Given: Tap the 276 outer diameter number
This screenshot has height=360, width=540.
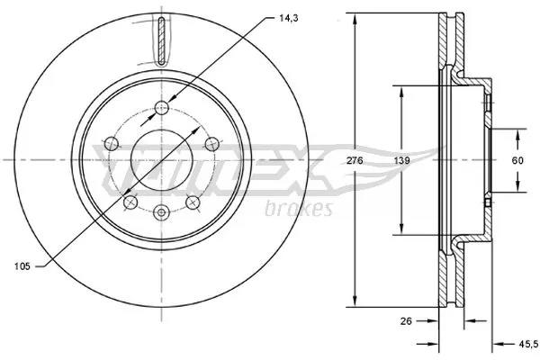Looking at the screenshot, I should tap(355, 159).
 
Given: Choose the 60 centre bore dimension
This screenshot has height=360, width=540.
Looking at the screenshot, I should tap(518, 159).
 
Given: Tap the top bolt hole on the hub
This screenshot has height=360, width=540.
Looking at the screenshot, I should tap(161, 108).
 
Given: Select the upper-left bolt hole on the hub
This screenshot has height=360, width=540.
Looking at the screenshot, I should tap(112, 143).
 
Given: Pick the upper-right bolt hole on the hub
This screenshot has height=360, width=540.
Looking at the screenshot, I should tap(210, 143).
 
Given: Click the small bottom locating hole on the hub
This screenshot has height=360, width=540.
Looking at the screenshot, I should tap(161, 212).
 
